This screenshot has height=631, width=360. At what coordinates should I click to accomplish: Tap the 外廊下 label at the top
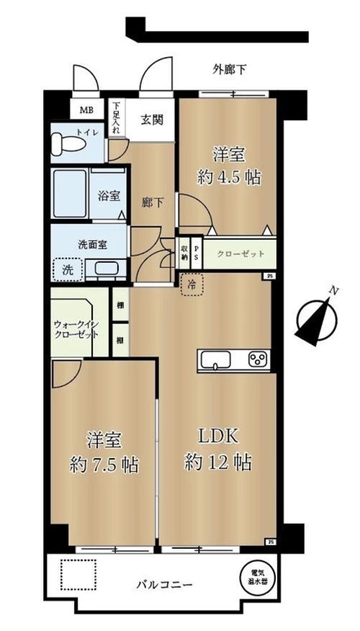pyautogui.click(x=230, y=70)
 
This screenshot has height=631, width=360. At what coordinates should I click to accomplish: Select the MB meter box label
pyautogui.click(x=86, y=110)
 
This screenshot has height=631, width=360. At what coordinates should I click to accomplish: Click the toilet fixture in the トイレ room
pyautogui.click(x=71, y=141)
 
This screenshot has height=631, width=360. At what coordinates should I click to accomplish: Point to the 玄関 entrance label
pyautogui.click(x=151, y=120)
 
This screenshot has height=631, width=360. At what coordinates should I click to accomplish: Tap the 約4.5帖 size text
pyautogui.click(x=229, y=176)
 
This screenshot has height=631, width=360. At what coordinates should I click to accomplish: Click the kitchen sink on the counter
pyautogui.click(x=215, y=359)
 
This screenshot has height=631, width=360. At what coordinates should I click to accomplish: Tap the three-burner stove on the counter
pyautogui.click(x=256, y=359)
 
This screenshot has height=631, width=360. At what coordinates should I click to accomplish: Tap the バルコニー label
pyautogui.click(x=165, y=586)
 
